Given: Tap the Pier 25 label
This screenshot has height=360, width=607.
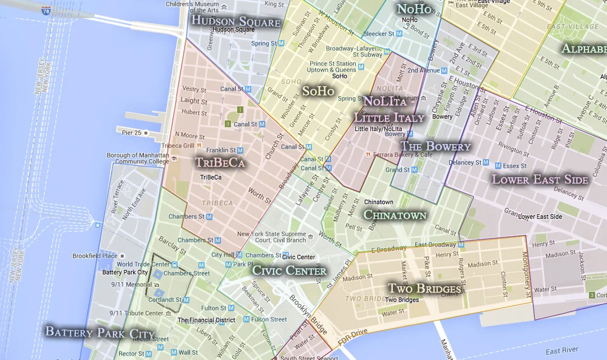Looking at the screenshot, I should click(x=131, y=132).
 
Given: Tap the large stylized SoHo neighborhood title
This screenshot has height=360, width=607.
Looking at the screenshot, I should click(x=318, y=91).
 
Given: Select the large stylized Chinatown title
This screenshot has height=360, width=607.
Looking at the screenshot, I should click(x=395, y=215).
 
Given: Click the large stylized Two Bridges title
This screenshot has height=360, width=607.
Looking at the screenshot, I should click(x=424, y=288).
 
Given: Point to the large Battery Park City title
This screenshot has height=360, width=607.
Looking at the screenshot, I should click(x=100, y=333).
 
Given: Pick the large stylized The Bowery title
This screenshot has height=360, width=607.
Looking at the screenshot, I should click(x=435, y=146).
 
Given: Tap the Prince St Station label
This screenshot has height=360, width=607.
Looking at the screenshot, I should click(x=333, y=67).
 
